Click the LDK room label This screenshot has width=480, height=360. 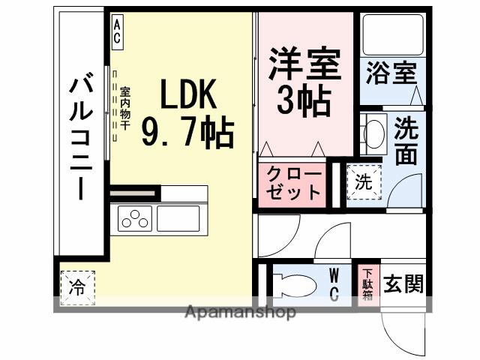tap(187, 95)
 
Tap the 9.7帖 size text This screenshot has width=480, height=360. tap(187, 133)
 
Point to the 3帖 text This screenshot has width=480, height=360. tap(304, 101)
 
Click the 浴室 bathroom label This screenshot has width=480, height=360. tap(391, 74)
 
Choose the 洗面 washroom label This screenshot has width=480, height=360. tap(406, 140)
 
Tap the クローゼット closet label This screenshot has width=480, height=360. tap(293, 183)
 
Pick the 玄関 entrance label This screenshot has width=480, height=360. tap(403, 284)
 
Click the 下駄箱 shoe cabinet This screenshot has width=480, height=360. tap(367, 284)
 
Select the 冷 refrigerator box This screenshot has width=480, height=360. tap(77, 286)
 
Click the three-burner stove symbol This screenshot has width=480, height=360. tap(136, 219)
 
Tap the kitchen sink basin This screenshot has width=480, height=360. tap(178, 219)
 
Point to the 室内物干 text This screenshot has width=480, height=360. tap(124, 105)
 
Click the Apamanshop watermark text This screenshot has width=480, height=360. tap(240, 311)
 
